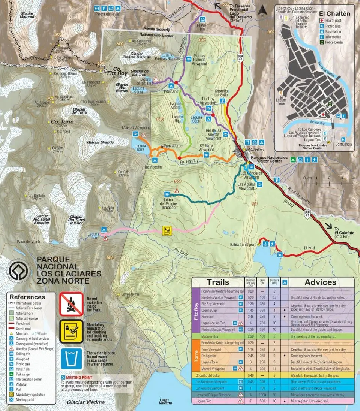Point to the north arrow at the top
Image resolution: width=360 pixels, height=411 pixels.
263,10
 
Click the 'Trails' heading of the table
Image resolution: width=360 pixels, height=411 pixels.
218,282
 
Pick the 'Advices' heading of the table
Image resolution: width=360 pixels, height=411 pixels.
321,282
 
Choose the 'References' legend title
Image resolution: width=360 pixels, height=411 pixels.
27,297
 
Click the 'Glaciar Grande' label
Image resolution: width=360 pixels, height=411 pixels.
100,142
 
